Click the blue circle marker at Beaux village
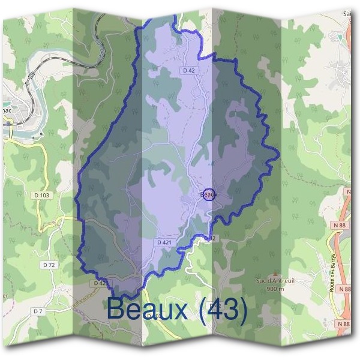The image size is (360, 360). click(x=209, y=194)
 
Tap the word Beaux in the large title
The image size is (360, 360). click(x=149, y=310)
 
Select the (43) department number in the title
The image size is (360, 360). click(x=223, y=310)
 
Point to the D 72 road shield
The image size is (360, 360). click(x=49, y=265)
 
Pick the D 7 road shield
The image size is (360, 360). click(x=38, y=311)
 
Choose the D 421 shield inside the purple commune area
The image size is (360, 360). click(x=164, y=242)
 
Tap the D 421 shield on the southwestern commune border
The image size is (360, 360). click(x=101, y=283)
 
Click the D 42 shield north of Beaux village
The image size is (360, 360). click(x=188, y=70)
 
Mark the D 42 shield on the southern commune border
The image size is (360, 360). click(x=209, y=238)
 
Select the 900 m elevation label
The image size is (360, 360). click(x=275, y=288)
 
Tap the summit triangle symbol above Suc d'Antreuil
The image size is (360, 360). click(x=275, y=272)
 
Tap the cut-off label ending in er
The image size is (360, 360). click(x=4, y=295)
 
